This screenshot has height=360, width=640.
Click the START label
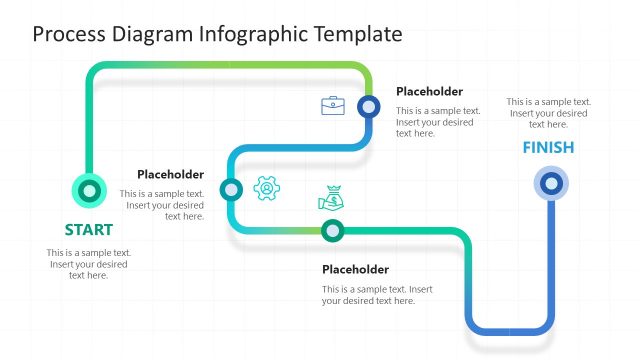(x=89, y=228)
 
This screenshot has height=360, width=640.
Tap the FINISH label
(x=548, y=148)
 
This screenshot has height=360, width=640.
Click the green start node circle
(x=90, y=189)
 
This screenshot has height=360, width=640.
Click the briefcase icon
(x=332, y=105)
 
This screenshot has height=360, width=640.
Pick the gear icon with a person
(x=266, y=188)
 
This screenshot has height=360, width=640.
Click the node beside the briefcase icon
(x=369, y=106)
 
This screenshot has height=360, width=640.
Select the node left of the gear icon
(x=231, y=188)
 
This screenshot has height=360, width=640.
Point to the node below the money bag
(x=332, y=231)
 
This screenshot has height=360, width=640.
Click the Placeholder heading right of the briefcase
(x=429, y=91)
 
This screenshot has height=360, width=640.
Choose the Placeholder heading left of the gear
(x=170, y=174)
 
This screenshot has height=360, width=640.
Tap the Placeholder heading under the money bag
(x=355, y=269)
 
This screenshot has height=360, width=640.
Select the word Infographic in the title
(x=256, y=34)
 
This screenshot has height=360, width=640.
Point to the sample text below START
(x=89, y=264)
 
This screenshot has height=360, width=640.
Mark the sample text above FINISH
(x=548, y=113)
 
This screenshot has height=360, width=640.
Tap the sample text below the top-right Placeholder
(x=437, y=122)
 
